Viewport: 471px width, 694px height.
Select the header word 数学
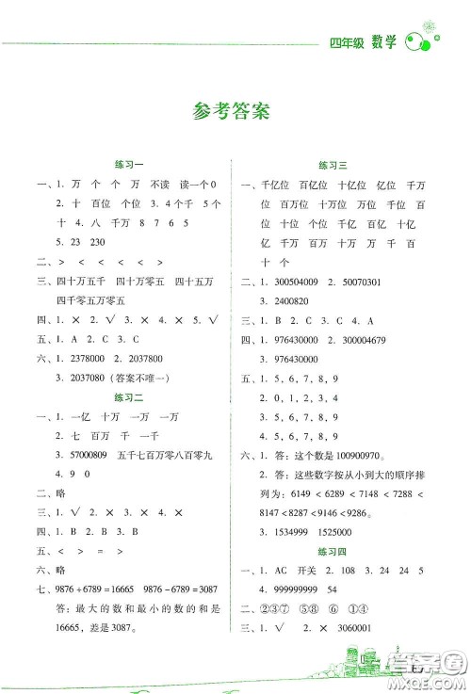pyautogui.click(x=382, y=41)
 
